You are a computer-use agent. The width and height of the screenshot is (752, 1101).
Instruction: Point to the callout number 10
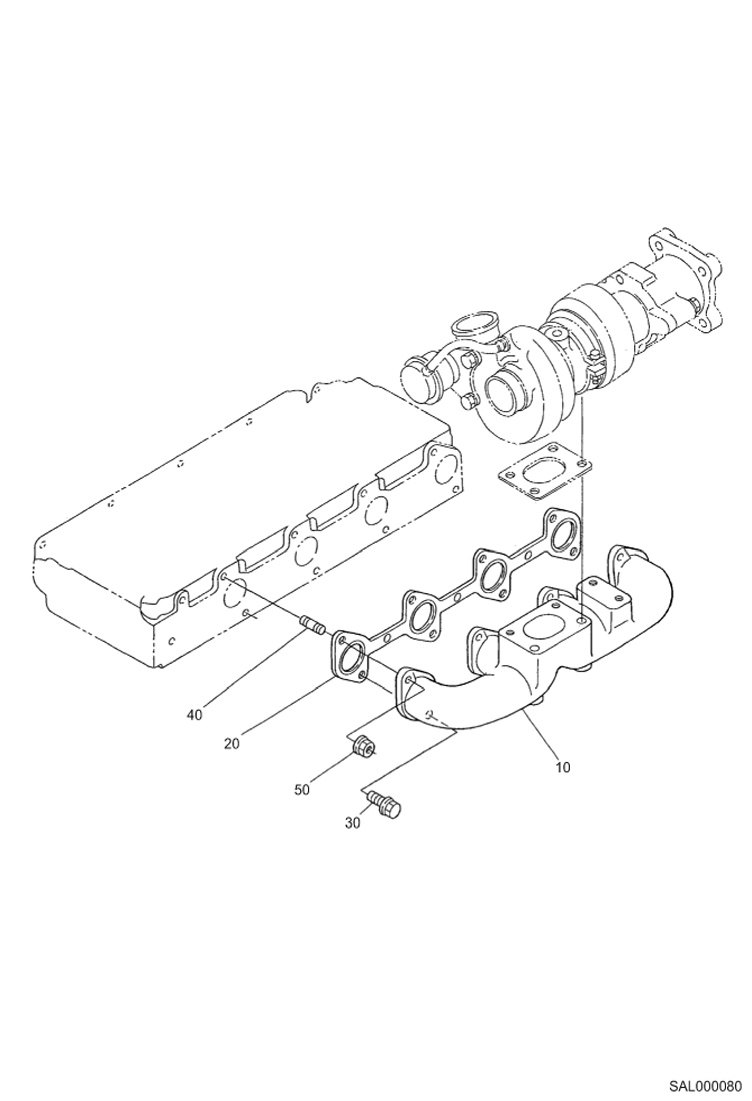(563, 767)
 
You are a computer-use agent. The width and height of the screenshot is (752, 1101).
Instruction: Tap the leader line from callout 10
(542, 733)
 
